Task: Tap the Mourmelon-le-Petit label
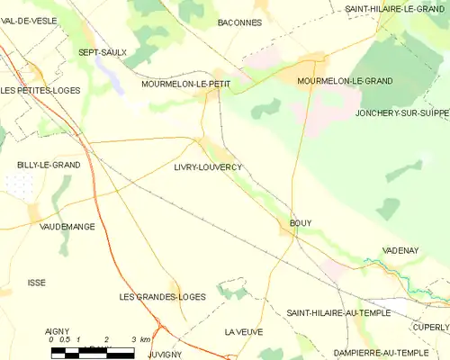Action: pyautogui.click(x=186, y=84)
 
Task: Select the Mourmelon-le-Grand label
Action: pyautogui.click(x=345, y=81)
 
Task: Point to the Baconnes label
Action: pyautogui.click(x=239, y=22)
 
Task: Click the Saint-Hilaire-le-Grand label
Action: pyautogui.click(x=396, y=8)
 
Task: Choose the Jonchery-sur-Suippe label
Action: pyautogui.click(x=401, y=114)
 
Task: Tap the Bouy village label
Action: pyautogui.click(x=301, y=221)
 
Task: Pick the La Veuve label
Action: pyautogui.click(x=244, y=332)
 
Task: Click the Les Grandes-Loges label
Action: pyautogui.click(x=162, y=296)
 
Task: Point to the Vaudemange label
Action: pyautogui.click(x=67, y=228)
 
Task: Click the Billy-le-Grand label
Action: pyautogui.click(x=49, y=166)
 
